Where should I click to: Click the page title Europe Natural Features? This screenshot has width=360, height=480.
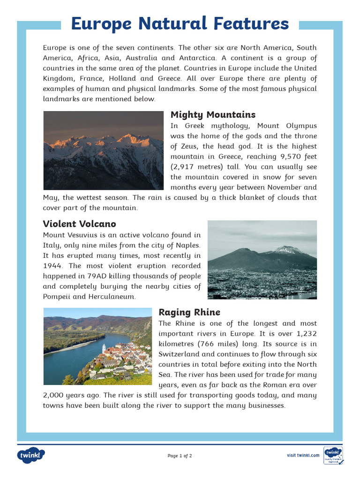pos(180,23)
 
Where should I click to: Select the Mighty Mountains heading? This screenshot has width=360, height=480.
pos(213,115)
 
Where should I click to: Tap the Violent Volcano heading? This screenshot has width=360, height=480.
pos(79,224)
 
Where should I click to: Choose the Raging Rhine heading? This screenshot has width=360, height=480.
pos(189,312)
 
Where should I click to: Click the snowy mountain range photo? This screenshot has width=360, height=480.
pos(103,150)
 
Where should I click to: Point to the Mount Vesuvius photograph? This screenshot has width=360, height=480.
pos(262,260)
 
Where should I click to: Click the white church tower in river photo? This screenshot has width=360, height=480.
pos(104,348)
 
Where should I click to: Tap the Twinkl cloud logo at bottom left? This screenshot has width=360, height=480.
pos(31,455)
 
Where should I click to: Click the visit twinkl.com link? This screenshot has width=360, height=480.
pos(303,455)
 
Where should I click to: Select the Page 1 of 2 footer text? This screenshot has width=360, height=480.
pos(180,456)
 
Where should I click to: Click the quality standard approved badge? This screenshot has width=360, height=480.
pos(333,455)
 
